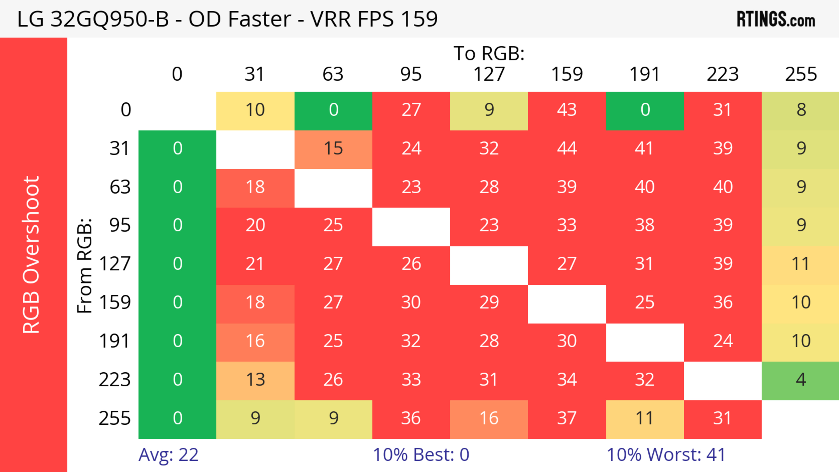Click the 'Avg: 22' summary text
pos(168,455)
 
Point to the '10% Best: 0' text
pos(421,455)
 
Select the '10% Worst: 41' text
pos(666,455)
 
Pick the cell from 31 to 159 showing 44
pos(567,149)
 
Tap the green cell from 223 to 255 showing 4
pos(801,380)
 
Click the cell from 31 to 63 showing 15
pos(333,149)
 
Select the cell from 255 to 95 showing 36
pos(411,418)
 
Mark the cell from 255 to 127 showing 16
pos(489,418)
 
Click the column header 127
pos(489,74)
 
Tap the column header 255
pos(801,74)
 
